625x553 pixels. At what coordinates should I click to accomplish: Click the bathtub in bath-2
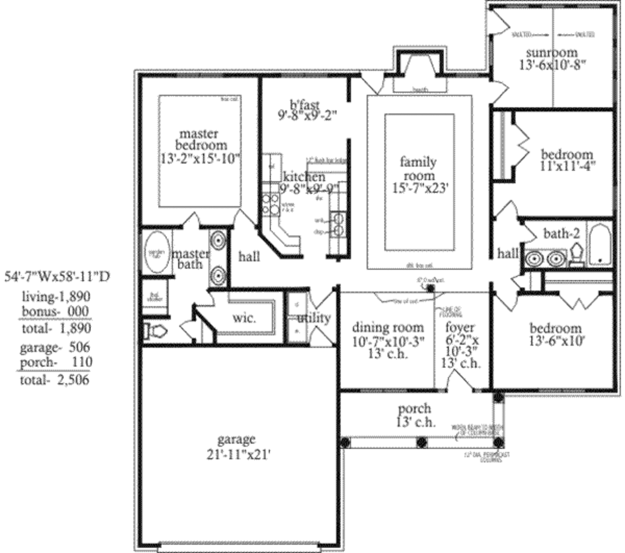click(600, 245)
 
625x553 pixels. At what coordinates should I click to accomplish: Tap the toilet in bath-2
click(576, 256)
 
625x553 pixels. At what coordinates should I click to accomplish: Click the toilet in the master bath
click(155, 331)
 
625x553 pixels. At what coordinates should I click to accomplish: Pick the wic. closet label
click(244, 318)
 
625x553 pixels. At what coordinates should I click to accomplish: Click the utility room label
click(314, 318)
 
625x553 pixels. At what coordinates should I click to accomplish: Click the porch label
click(414, 408)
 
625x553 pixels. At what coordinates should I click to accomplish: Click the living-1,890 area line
click(56, 297)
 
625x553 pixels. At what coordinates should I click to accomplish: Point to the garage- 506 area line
click(56, 347)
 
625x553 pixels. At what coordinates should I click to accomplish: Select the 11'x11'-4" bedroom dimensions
click(567, 165)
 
